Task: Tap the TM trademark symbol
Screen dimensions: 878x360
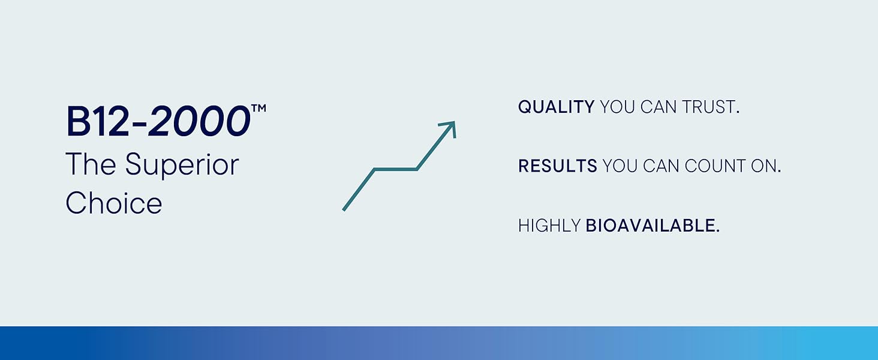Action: point(259,108)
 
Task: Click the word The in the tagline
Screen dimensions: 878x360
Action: point(91,164)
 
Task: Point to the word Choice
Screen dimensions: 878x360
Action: point(114,203)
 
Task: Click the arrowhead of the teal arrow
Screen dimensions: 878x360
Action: point(450,128)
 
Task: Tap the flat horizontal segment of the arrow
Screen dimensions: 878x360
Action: point(395,169)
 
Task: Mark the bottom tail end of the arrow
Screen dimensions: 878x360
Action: point(344,210)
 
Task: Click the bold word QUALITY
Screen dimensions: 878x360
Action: point(556,107)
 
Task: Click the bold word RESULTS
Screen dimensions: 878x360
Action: point(558,166)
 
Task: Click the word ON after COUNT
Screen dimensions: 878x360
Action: point(766,166)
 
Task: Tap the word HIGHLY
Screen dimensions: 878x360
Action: point(549,226)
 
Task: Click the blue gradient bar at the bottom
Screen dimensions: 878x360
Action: point(439,343)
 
